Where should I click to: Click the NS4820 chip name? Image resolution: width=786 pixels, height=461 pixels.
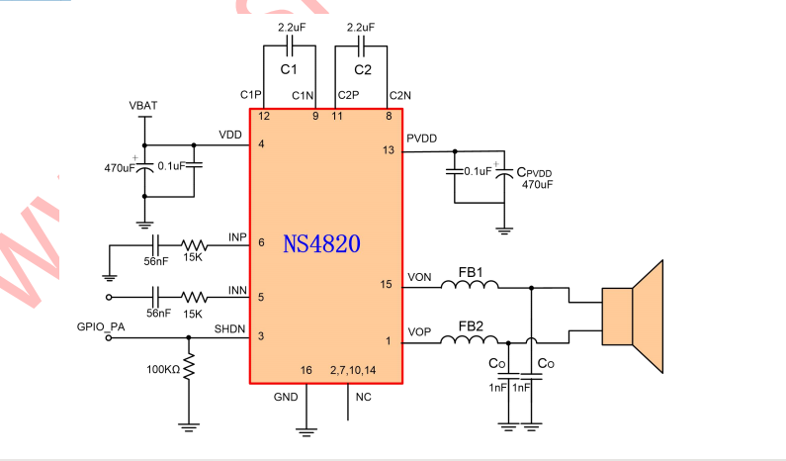tap(321, 243)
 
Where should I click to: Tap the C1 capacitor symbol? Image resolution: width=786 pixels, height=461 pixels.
tap(289, 46)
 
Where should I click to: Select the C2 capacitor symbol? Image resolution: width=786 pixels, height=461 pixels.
tap(361, 46)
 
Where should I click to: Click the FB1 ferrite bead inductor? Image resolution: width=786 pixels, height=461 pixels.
tap(470, 286)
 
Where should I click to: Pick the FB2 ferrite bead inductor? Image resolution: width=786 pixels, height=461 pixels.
tap(470, 341)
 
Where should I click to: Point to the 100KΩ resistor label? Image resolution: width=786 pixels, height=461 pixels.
tap(164, 369)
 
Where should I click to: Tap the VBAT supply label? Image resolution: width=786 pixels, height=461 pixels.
tap(144, 105)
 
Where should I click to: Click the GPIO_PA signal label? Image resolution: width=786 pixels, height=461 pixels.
tap(103, 325)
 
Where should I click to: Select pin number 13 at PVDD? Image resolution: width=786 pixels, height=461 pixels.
tap(388, 150)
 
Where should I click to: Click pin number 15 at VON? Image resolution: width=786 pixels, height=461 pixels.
tap(388, 286)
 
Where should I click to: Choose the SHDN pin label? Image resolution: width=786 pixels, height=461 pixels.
tap(229, 328)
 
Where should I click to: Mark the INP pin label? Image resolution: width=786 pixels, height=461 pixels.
tap(237, 236)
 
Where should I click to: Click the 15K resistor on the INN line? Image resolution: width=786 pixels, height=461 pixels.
tap(194, 296)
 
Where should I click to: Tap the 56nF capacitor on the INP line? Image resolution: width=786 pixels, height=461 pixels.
tap(154, 243)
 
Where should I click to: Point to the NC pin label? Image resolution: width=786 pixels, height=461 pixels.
tap(363, 398)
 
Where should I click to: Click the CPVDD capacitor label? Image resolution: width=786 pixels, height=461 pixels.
tap(535, 173)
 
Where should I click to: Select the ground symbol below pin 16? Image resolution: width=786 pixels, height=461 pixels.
tap(306, 429)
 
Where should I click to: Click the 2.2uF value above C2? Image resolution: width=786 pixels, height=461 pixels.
tap(361, 27)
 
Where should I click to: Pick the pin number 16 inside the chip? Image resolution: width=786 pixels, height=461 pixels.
tap(306, 370)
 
